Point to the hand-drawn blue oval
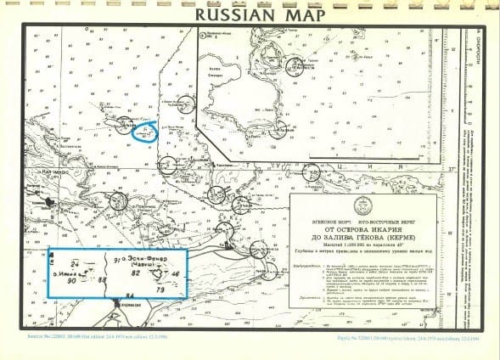[145, 132]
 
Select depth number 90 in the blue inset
[72, 280]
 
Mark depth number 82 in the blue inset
[135, 273]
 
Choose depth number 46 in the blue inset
[176, 274]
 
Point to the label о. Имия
[61, 273]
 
